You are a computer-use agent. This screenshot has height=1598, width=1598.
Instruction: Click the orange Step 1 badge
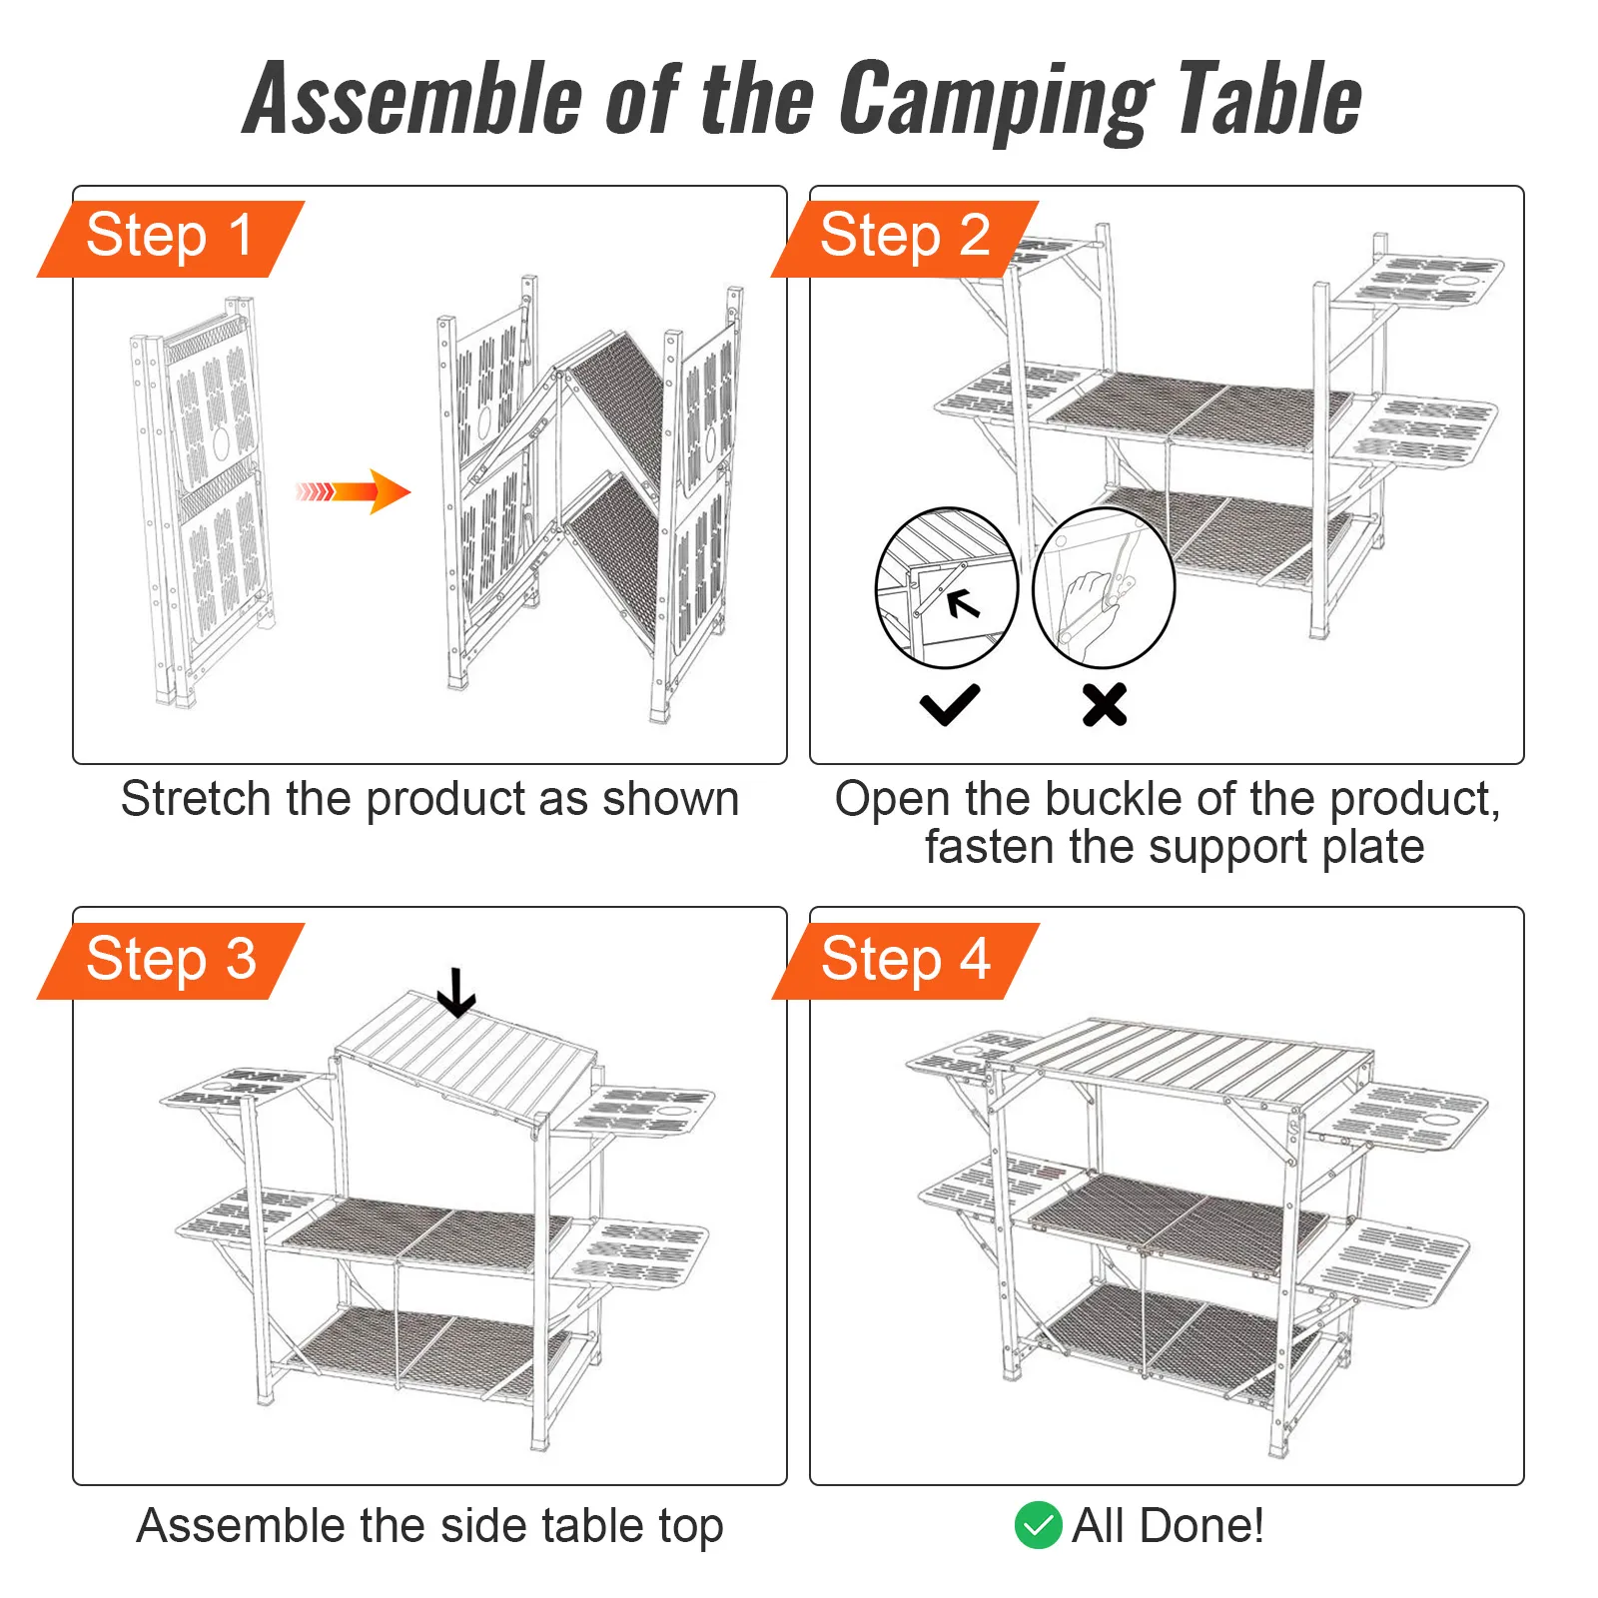pyautogui.click(x=170, y=238)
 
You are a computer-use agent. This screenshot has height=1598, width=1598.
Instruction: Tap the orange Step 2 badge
pyautogui.click(x=904, y=238)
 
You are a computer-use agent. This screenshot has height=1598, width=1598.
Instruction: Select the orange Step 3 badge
pyautogui.click(x=170, y=960)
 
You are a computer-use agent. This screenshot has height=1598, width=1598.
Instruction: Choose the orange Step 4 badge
pyautogui.click(x=904, y=960)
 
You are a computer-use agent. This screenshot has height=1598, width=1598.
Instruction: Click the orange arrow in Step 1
pyautogui.click(x=355, y=490)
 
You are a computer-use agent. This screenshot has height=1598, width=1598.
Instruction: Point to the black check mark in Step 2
pyautogui.click(x=949, y=704)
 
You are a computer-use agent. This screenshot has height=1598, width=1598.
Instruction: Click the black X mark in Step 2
pyautogui.click(x=1105, y=704)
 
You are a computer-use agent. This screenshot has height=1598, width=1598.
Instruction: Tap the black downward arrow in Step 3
pyautogui.click(x=456, y=992)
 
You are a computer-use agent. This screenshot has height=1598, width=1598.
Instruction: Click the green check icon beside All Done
pyautogui.click(x=1038, y=1525)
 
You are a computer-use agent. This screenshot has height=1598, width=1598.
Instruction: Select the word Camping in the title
pyautogui.click(x=994, y=100)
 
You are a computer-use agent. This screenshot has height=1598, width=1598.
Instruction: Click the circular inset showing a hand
pyautogui.click(x=1104, y=587)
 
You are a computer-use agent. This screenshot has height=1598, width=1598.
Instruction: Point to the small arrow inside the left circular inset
pyautogui.click(x=963, y=603)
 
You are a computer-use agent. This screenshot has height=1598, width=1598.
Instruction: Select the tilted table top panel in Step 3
pyautogui.click(x=464, y=1054)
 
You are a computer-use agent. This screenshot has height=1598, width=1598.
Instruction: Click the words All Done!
pyautogui.click(x=1167, y=1525)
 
